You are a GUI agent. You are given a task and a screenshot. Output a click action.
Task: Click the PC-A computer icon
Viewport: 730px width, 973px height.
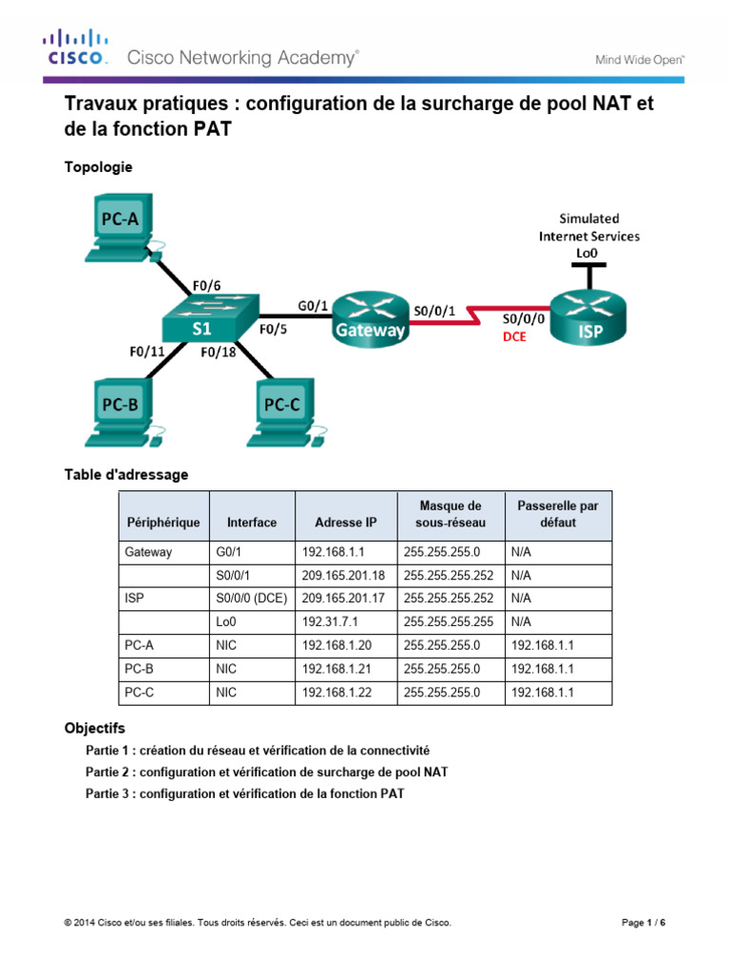coord(124,229)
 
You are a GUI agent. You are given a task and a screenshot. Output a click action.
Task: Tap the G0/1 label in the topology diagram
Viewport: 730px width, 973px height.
coord(313,305)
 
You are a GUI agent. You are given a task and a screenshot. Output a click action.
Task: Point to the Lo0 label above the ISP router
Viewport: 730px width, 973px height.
coord(586,253)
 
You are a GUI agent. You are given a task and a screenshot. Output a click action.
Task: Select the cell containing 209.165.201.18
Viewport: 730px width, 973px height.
coord(343,574)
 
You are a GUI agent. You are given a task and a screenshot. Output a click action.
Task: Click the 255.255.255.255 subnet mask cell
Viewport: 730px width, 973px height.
coord(449,620)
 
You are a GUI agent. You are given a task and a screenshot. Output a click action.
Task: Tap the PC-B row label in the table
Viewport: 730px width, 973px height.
coord(138,669)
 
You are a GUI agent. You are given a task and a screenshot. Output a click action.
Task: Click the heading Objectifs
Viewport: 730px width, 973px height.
coord(94,729)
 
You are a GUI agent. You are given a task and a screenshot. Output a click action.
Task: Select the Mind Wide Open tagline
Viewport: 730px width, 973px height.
coord(639,59)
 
